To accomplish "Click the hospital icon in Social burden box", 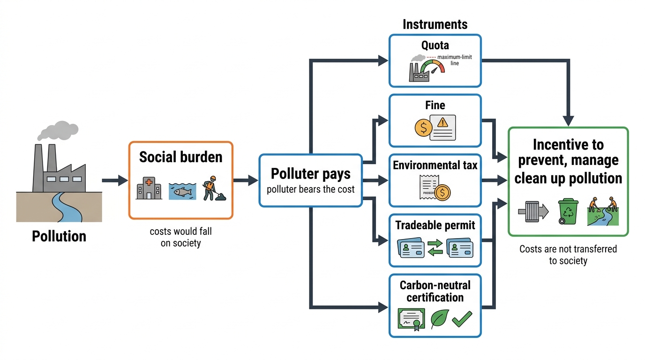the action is click(149, 188).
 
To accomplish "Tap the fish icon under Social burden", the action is click(182, 191).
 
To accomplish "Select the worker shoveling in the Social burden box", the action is click(214, 188).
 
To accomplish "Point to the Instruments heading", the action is click(435, 24).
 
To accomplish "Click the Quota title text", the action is click(435, 45).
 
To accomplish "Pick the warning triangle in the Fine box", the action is click(442, 122).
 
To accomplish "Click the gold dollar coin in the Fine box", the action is click(423, 127).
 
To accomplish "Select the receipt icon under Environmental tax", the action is click(429, 187).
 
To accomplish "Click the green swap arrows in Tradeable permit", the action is click(435, 247).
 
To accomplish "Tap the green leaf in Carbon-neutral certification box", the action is click(440, 319).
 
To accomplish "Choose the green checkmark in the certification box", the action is click(462, 319).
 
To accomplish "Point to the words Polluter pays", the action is click(311, 173).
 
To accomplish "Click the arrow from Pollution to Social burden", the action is click(115, 180).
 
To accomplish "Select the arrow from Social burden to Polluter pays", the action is click(246, 180).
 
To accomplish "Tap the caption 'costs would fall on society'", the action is click(181, 237).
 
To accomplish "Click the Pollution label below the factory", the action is click(59, 236).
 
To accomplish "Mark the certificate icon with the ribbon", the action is click(411, 319).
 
